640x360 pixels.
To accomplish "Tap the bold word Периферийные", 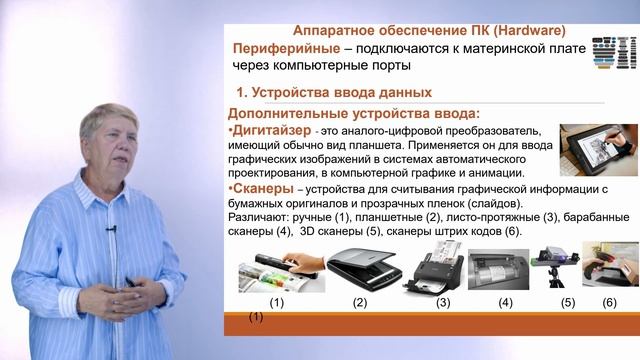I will [281, 49].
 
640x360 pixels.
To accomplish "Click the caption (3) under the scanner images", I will [442, 302].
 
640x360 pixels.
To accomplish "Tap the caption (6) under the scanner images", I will [609, 302].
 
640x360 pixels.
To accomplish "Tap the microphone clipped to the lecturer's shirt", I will [111, 229].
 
